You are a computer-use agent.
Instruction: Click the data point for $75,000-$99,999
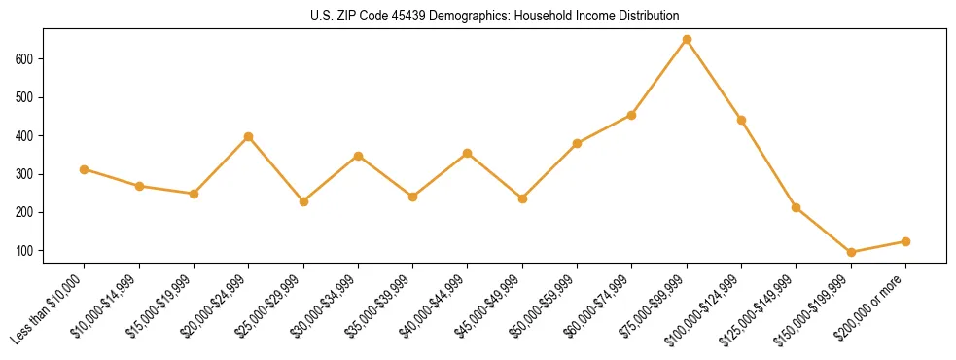pos(687,40)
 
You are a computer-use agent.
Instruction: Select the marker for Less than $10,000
pos(85,169)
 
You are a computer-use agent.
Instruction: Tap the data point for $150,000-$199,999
pos(851,252)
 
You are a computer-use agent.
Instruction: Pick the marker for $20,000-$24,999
pos(249,136)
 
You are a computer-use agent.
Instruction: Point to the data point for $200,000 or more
pos(905,241)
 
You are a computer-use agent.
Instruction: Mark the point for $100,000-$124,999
pos(741,120)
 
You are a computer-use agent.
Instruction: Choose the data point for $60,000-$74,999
pos(632,115)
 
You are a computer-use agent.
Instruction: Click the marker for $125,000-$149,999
pos(797,207)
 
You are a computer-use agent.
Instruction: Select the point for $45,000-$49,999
pos(522,198)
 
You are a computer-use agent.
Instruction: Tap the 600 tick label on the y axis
pos(25,59)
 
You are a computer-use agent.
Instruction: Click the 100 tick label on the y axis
pos(25,251)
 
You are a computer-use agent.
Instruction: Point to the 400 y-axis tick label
pos(25,136)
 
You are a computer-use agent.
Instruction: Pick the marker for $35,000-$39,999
pos(413,197)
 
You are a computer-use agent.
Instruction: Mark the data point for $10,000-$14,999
pos(139,186)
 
